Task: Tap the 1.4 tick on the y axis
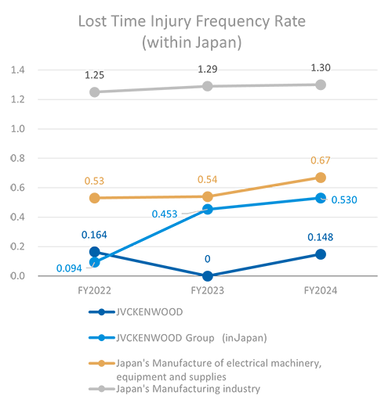pos(18,70)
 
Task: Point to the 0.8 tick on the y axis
pos(18,159)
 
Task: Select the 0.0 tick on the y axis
pos(18,276)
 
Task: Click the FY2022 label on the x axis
pos(95,289)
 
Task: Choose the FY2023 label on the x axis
pos(207,289)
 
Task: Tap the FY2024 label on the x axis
pos(320,289)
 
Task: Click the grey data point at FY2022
pos(95,92)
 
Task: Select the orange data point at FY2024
pos(321,178)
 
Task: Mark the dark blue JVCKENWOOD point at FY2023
pos(208,275)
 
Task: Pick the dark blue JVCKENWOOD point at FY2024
pos(321,254)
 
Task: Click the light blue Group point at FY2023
pos(208,209)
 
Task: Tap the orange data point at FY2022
pos(95,198)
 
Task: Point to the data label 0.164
pos(95,234)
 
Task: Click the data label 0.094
pos(69,268)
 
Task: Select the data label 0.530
pos(346,200)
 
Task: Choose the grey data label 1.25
pos(95,74)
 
